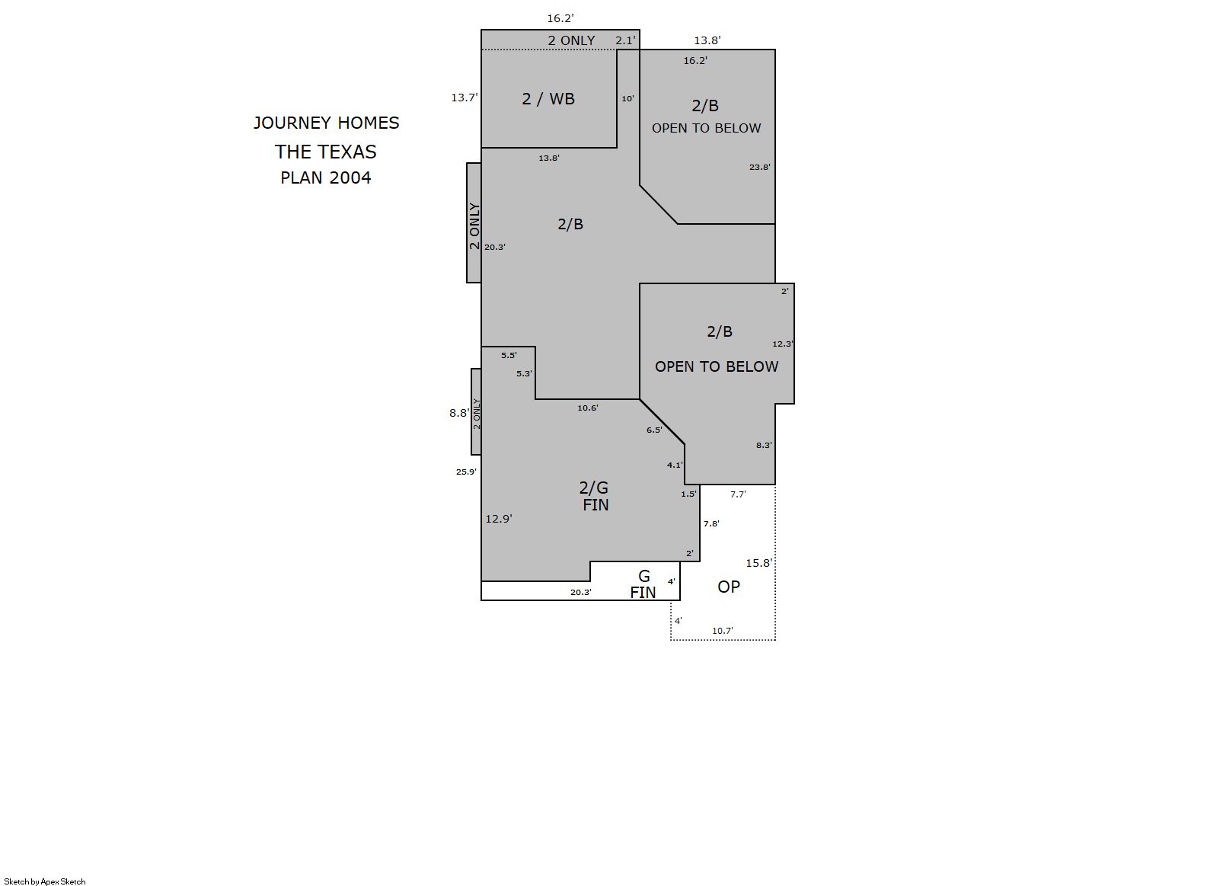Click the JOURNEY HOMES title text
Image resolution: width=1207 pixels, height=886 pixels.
(x=326, y=123)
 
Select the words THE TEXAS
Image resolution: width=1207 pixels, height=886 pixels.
(x=325, y=152)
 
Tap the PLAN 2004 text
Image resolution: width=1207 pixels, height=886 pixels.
(x=325, y=178)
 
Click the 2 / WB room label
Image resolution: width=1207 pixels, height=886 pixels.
(x=548, y=98)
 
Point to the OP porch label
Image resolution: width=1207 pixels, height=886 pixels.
(x=729, y=587)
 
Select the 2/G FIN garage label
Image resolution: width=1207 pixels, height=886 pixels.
(x=594, y=496)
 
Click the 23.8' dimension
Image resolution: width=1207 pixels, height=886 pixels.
(x=760, y=167)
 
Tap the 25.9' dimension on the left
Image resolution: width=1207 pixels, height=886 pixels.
(x=466, y=472)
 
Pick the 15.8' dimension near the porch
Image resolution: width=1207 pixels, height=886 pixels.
(x=758, y=563)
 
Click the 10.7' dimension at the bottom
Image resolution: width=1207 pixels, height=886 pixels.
(x=723, y=631)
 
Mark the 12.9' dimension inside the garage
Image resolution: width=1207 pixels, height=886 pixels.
(x=499, y=519)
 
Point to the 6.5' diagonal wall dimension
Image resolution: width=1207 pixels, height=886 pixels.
(x=654, y=430)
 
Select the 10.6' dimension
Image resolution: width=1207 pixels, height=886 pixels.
(x=587, y=408)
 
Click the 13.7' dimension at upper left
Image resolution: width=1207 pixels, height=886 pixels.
(x=464, y=98)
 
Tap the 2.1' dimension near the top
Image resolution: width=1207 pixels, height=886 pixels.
(x=626, y=40)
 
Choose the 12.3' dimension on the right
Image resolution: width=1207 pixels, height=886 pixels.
(x=782, y=344)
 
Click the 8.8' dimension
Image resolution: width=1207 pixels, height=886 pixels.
(x=459, y=413)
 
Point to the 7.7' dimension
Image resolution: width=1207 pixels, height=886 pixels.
(x=738, y=494)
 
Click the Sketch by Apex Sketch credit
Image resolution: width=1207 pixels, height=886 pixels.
(x=45, y=881)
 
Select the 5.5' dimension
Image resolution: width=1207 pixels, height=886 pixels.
(x=509, y=355)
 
